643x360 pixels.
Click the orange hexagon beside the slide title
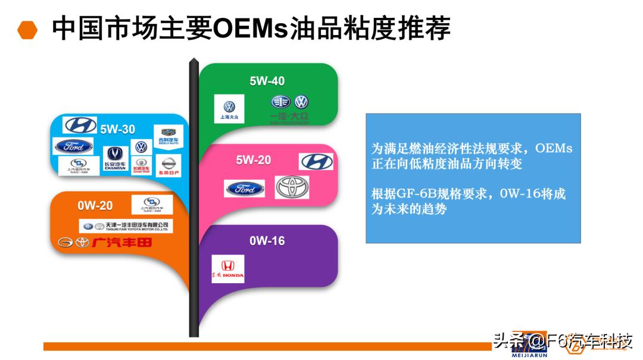click(x=27, y=30)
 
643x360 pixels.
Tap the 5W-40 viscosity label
click(x=267, y=81)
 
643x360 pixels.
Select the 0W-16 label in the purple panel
click(x=267, y=241)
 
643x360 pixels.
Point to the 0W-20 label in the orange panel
click(x=95, y=206)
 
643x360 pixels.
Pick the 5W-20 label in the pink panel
click(x=253, y=160)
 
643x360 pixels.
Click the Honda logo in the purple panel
click(x=228, y=269)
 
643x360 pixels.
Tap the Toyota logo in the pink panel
click(x=292, y=187)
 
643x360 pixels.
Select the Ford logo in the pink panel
click(x=244, y=189)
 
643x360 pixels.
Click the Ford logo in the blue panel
click(x=73, y=146)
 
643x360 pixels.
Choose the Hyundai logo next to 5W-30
click(x=80, y=125)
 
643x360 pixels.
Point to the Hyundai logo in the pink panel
click(x=317, y=161)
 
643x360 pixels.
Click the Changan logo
click(x=115, y=158)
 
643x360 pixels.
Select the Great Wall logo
click(x=141, y=165)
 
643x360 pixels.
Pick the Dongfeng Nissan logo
click(x=168, y=165)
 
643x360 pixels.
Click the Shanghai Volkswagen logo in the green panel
click(x=229, y=108)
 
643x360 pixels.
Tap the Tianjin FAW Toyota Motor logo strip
click(x=126, y=226)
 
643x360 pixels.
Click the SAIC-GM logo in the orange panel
click(x=152, y=204)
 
